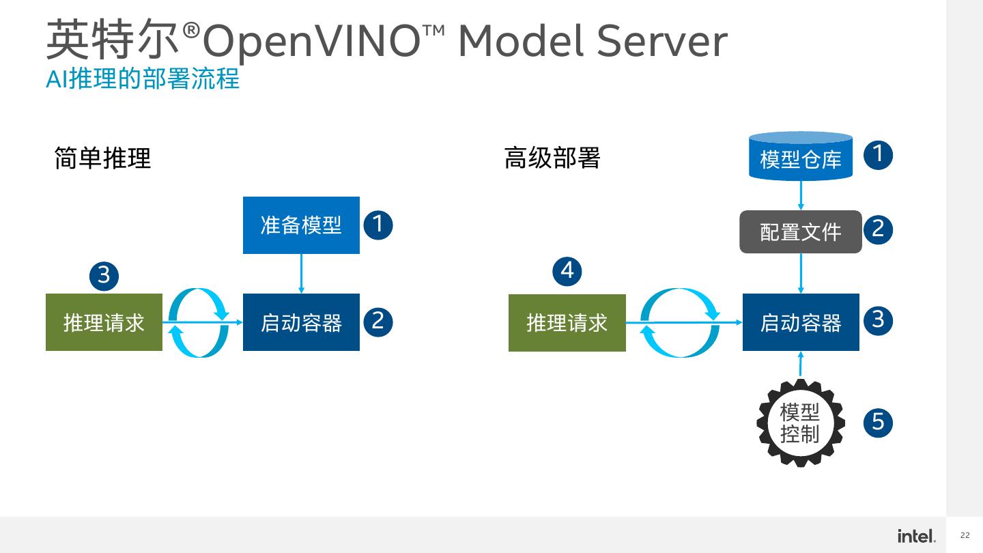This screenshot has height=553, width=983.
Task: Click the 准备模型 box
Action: coord(301,225)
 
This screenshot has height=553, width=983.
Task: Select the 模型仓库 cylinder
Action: coord(801,157)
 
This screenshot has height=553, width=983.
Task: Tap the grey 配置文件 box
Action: coord(801,232)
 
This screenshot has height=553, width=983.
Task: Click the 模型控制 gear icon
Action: coord(800,423)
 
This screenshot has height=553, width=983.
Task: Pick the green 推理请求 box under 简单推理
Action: coord(104,322)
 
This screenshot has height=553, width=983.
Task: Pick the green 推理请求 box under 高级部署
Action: coord(567,323)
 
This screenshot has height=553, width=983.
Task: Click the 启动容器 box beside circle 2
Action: coord(301,322)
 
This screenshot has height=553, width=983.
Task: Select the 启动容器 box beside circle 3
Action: coord(801,322)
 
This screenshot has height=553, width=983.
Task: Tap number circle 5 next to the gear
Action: coord(878,422)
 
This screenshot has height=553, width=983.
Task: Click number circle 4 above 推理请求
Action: coord(567,271)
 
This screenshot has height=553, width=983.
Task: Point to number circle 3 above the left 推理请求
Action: coord(104,276)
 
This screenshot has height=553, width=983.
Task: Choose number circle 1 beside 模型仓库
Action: coord(878,154)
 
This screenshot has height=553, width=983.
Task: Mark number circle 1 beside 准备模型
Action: coord(378,225)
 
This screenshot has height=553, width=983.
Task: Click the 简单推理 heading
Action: coord(102,158)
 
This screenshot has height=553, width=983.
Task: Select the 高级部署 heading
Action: coord(552,158)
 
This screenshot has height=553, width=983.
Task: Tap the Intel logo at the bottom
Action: coord(916,536)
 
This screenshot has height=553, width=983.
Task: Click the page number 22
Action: coord(965,536)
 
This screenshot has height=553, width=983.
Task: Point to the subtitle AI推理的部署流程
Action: coord(143,79)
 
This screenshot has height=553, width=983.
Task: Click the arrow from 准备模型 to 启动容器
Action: coord(301,273)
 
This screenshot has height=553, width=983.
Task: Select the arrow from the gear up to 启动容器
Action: coord(801,365)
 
